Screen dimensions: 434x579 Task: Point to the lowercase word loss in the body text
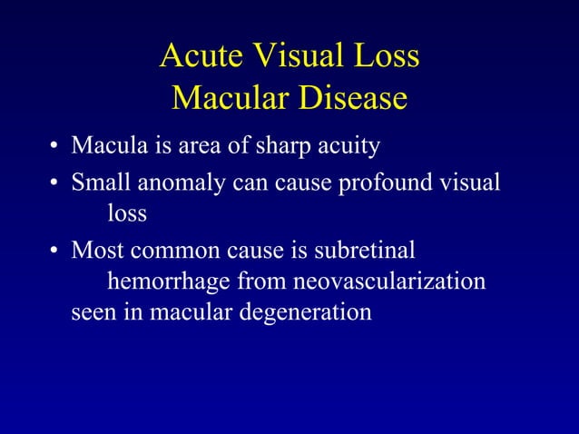click(127, 214)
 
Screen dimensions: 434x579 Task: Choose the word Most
click(94, 249)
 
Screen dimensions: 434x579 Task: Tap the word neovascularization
click(387, 282)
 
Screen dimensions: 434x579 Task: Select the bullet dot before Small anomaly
click(55, 182)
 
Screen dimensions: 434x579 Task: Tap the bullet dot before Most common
click(55, 251)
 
